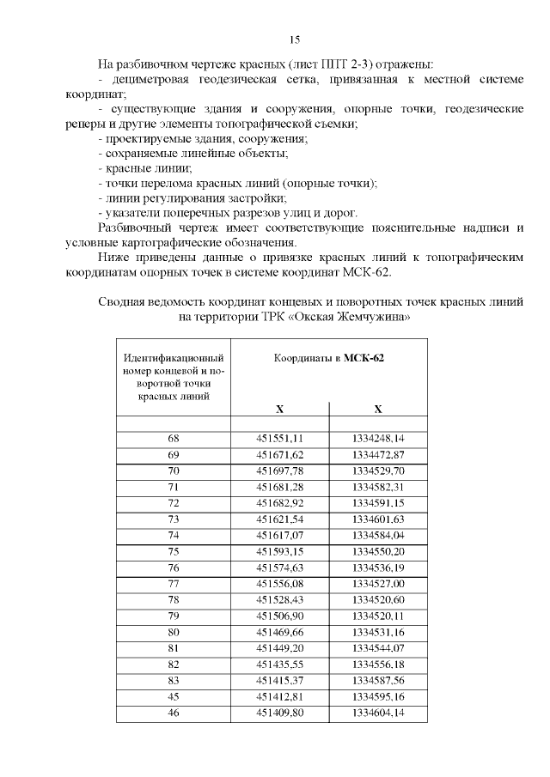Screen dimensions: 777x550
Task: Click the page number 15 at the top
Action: tap(294, 40)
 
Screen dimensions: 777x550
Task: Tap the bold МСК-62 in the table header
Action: tap(364, 359)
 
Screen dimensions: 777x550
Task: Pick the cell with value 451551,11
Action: tap(280, 438)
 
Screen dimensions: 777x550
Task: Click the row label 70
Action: tap(174, 470)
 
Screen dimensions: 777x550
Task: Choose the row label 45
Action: tap(174, 697)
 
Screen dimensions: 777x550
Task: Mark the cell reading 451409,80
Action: tap(280, 713)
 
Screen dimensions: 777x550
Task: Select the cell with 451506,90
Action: tap(280, 616)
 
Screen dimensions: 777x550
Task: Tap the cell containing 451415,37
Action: tap(280, 681)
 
